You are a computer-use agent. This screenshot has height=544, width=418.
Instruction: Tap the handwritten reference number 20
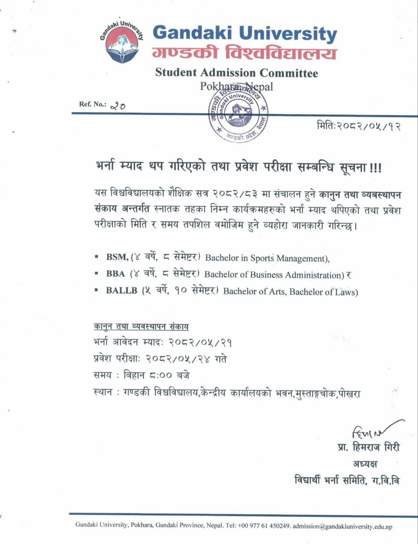117,106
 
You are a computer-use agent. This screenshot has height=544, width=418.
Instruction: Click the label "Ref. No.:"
92,105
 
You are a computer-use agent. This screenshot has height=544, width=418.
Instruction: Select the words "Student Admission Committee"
236,73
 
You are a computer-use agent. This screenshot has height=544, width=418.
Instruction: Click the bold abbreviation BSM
117,257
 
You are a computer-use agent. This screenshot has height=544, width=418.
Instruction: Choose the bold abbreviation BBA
116,274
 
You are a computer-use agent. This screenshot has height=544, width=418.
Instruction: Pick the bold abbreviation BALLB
122,291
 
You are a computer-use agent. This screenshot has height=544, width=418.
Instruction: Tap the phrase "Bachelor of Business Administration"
274,275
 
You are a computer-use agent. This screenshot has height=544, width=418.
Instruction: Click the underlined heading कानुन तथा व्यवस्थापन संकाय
141,326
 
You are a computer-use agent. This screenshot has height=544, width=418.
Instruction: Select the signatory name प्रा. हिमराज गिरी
368,448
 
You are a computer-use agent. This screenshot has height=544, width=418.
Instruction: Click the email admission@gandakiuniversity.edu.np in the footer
342,526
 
